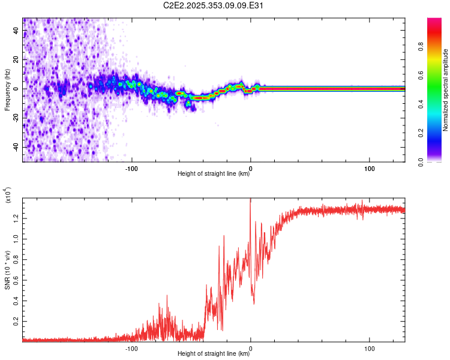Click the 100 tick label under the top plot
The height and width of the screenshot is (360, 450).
(x=370, y=169)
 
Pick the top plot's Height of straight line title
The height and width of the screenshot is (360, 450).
(x=214, y=174)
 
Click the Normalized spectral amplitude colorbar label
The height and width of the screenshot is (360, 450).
(x=446, y=90)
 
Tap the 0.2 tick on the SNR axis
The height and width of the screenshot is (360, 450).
(x=16, y=322)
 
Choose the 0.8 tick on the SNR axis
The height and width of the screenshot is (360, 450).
(x=16, y=259)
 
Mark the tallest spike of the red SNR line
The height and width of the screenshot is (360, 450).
(x=250, y=199)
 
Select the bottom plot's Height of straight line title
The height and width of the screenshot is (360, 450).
(x=214, y=354)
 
